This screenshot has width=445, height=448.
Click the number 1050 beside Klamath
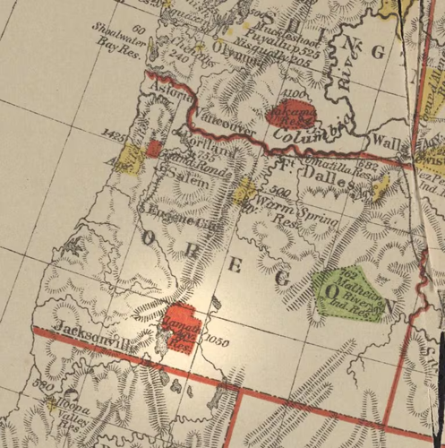(x=218, y=340)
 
